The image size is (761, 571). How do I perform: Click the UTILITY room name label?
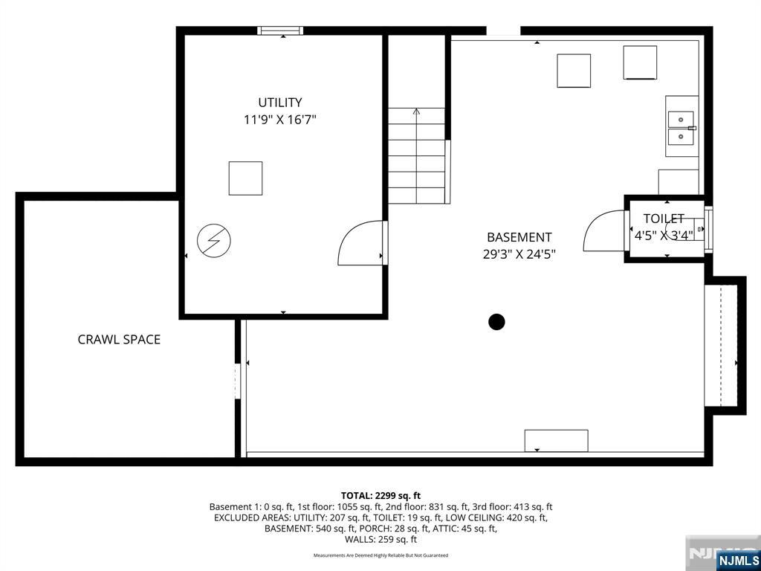coord(280,103)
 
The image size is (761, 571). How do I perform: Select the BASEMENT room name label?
coord(519,237)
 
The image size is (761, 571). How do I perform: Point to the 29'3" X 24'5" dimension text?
coord(519,254)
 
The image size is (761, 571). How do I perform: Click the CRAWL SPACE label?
coord(119,340)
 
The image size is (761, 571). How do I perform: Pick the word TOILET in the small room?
coord(664,219)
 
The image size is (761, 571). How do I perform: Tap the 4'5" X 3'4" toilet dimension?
coord(664,235)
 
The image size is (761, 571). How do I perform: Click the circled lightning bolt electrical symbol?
coord(214,240)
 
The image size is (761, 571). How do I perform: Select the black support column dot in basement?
coord(496,322)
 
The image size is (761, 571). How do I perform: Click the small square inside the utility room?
coord(245,178)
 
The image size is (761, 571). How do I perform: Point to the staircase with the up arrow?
coord(417,155)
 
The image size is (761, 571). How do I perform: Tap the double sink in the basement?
coord(681,128)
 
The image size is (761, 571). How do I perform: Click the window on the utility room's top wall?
coord(280,30)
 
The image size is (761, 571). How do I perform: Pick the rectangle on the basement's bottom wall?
coord(556,440)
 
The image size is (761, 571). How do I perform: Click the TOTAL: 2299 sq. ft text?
coord(380,495)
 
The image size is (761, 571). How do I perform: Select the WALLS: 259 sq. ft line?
coord(380,540)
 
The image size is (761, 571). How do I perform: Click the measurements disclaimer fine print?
coord(380,555)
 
